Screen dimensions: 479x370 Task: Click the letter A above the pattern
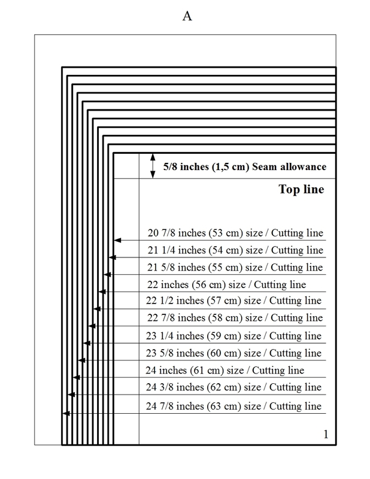click(187, 17)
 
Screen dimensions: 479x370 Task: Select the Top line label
click(301, 190)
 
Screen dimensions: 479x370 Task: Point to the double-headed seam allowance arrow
click(151, 165)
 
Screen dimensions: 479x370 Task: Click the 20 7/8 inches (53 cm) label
click(235, 233)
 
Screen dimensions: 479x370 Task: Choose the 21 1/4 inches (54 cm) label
click(235, 250)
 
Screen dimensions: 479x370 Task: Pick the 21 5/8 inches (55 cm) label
click(235, 266)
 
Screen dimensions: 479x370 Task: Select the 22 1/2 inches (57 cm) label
click(234, 301)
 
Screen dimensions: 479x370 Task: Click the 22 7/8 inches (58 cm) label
click(234, 317)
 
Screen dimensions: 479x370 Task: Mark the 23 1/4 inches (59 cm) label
click(234, 335)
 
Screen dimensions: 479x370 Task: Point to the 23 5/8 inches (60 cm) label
click(234, 353)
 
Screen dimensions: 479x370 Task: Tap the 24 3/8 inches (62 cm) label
click(234, 387)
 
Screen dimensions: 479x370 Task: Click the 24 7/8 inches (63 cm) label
click(234, 407)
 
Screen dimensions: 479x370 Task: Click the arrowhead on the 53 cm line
click(117, 240)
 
